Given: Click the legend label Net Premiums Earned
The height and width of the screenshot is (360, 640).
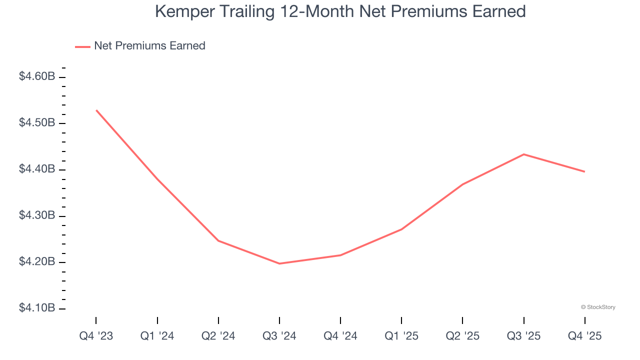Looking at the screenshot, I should [x=149, y=46].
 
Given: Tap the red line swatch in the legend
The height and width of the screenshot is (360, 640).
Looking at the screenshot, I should [x=82, y=46].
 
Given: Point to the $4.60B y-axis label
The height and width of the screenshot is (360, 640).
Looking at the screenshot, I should [x=37, y=76].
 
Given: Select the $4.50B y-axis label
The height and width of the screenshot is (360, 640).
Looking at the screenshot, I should [x=37, y=123].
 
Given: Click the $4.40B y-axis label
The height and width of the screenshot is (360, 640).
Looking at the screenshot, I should [x=37, y=169].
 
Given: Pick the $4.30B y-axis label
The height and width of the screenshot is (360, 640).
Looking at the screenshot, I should [x=37, y=216].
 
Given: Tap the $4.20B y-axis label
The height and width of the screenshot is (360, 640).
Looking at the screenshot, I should [x=37, y=262].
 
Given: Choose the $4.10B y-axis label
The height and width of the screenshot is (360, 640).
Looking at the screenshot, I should [x=37, y=308].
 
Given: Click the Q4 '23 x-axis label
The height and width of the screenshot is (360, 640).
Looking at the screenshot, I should [x=96, y=336].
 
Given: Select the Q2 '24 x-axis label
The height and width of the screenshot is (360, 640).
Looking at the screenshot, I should [x=218, y=336].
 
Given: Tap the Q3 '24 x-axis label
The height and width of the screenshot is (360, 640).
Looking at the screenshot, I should [x=279, y=336].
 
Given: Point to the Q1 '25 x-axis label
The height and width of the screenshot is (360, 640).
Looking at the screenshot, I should [x=401, y=336].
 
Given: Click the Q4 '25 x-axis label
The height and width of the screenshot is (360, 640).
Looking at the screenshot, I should [x=584, y=336].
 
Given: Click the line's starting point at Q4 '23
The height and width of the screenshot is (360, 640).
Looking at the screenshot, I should [x=96, y=110].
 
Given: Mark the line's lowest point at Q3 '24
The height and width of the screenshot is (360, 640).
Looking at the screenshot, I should [x=279, y=263].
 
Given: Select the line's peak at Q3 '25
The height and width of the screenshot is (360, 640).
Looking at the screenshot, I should [x=523, y=154].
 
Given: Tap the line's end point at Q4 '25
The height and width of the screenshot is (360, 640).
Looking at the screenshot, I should [x=584, y=171].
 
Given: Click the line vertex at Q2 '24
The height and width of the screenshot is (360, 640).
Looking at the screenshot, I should [x=218, y=240].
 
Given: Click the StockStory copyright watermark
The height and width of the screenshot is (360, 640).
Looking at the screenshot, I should [x=598, y=307].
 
